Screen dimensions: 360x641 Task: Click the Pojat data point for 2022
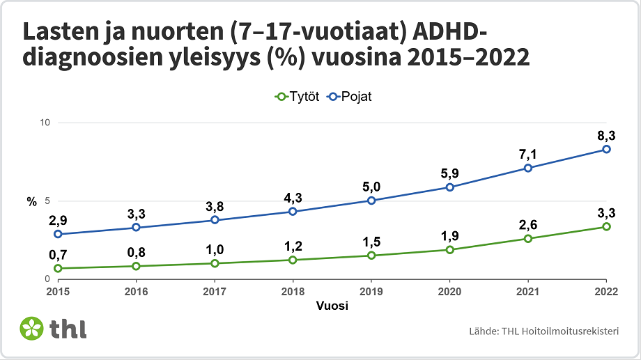click(606, 149)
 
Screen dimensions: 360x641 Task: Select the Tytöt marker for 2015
click(58, 268)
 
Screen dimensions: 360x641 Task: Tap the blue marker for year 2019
click(371, 201)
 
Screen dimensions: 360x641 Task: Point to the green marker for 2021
click(528, 238)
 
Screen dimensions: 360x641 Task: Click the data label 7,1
click(527, 153)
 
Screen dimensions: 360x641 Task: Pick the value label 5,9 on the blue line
click(449, 172)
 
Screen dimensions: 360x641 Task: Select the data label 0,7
click(58, 254)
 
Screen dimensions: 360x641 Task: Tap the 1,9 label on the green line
click(449, 235)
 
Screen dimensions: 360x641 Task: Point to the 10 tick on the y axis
click(45, 123)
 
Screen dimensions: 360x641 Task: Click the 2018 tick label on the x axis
click(293, 291)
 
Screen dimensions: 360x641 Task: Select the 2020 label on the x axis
click(449, 291)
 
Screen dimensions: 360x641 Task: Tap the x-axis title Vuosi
click(332, 305)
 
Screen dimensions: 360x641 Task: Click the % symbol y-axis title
click(31, 202)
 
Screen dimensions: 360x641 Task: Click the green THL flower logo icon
click(32, 328)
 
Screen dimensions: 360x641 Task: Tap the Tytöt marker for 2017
click(215, 263)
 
